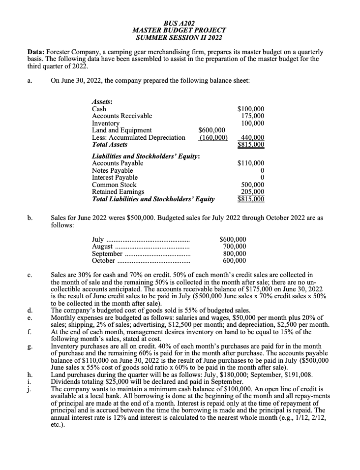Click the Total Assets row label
click(x=110, y=145)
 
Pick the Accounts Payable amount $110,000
click(x=251, y=163)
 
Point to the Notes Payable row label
click(x=113, y=170)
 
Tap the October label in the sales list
click(x=104, y=261)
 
